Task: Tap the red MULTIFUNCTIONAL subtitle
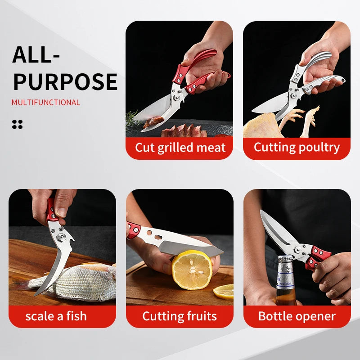click(x=46, y=103)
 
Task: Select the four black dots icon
click(x=17, y=124)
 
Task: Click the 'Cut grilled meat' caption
click(x=180, y=148)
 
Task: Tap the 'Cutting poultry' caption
click(x=297, y=148)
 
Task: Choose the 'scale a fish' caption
click(x=56, y=316)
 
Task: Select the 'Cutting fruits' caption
click(x=180, y=316)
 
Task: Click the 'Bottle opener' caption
click(x=297, y=316)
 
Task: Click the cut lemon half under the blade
click(x=192, y=270)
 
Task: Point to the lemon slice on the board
click(x=224, y=292)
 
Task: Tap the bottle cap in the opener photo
click(x=285, y=260)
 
